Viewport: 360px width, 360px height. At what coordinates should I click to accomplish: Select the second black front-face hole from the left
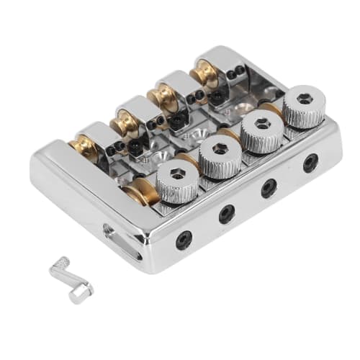[227, 212]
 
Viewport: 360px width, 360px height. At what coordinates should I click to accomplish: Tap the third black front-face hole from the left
[269, 188]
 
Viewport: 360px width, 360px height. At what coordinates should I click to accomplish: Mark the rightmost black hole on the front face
[310, 163]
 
